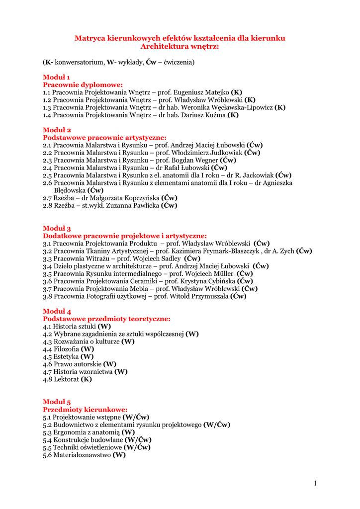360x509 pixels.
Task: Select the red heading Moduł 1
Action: coord(56,77)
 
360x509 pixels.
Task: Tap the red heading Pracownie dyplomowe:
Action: coord(83,85)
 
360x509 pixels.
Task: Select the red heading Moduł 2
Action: coord(57,130)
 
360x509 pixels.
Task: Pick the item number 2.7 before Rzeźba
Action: coord(48,197)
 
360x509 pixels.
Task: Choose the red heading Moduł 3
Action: coord(57,228)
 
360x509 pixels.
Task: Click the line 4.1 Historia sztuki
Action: coord(77,326)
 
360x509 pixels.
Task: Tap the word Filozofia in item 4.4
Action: coord(66,349)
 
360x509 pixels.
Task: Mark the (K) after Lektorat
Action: coord(86,379)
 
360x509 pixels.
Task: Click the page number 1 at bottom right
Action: coord(315,483)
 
